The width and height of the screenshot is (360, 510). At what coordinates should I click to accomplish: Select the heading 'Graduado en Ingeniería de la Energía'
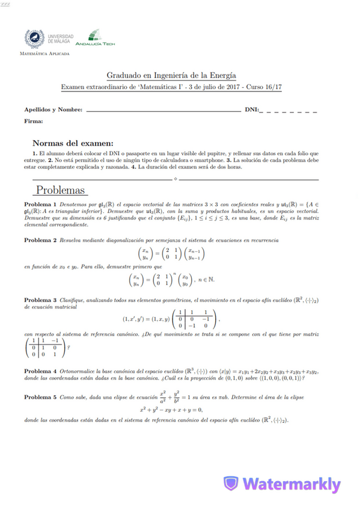tap(171, 75)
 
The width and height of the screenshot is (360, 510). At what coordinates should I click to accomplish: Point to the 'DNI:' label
tap(252, 110)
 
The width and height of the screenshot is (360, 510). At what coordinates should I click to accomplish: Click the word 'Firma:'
tap(33, 121)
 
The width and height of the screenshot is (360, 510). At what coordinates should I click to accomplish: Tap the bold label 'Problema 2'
tap(40, 240)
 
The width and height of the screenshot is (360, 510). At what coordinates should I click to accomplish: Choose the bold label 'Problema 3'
tap(40, 300)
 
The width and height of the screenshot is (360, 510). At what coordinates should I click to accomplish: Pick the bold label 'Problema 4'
tap(40, 370)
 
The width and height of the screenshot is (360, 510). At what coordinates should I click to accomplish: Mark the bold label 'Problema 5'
tap(40, 398)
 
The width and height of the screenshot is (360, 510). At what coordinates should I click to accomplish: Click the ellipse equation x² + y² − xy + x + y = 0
tap(171, 410)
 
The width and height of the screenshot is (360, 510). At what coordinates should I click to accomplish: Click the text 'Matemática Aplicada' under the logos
tap(44, 54)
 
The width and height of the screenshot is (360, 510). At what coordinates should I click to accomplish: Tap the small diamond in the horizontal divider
tap(174, 179)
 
